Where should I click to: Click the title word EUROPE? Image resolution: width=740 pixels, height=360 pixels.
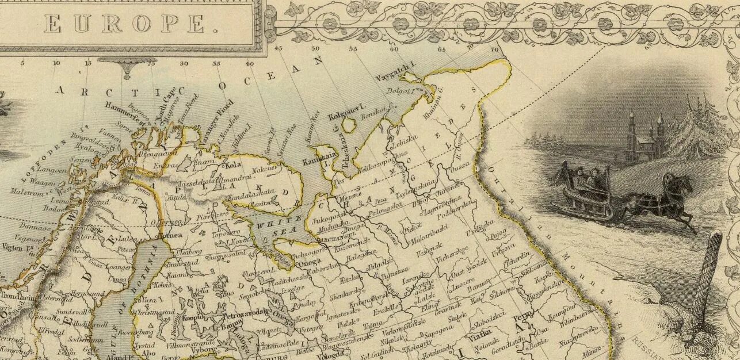124,24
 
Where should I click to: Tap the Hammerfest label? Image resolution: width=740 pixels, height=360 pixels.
124,110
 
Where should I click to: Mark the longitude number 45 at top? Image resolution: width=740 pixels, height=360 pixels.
279,48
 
